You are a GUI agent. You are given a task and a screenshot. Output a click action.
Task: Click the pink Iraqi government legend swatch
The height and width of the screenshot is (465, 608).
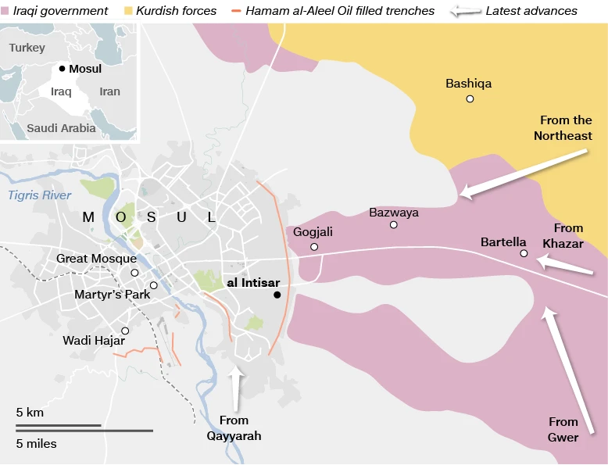[6, 11]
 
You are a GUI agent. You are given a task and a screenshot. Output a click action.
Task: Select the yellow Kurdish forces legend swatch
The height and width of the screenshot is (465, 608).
[129, 11]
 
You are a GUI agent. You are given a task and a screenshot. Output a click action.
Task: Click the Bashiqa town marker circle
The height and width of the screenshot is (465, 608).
[470, 98]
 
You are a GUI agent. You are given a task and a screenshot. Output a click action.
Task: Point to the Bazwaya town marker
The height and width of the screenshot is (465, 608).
[394, 225]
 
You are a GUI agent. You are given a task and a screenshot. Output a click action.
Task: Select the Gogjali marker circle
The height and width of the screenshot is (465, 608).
[314, 247]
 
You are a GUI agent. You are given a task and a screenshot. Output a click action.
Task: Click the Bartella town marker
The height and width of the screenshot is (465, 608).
[524, 253]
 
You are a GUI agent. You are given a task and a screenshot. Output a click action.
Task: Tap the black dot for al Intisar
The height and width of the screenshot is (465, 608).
[277, 295]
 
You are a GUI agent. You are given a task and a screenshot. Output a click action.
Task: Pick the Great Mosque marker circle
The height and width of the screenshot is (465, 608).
[134, 273]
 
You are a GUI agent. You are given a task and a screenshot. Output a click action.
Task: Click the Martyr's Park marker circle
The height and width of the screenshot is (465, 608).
[154, 285]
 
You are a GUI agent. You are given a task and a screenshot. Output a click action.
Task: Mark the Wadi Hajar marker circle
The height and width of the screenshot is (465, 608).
[125, 331]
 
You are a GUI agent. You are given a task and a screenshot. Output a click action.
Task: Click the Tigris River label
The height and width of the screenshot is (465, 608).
[40, 195]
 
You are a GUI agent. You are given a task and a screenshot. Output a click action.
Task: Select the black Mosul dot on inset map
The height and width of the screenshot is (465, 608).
[63, 69]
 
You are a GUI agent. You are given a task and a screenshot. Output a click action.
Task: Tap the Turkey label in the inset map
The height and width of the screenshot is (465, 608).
[27, 48]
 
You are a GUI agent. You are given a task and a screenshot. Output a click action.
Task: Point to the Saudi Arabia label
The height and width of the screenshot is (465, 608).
[61, 128]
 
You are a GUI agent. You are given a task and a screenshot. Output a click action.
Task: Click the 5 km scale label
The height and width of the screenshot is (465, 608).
[30, 412]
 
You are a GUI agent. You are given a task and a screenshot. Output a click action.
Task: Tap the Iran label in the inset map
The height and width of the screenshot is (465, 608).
[109, 91]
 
